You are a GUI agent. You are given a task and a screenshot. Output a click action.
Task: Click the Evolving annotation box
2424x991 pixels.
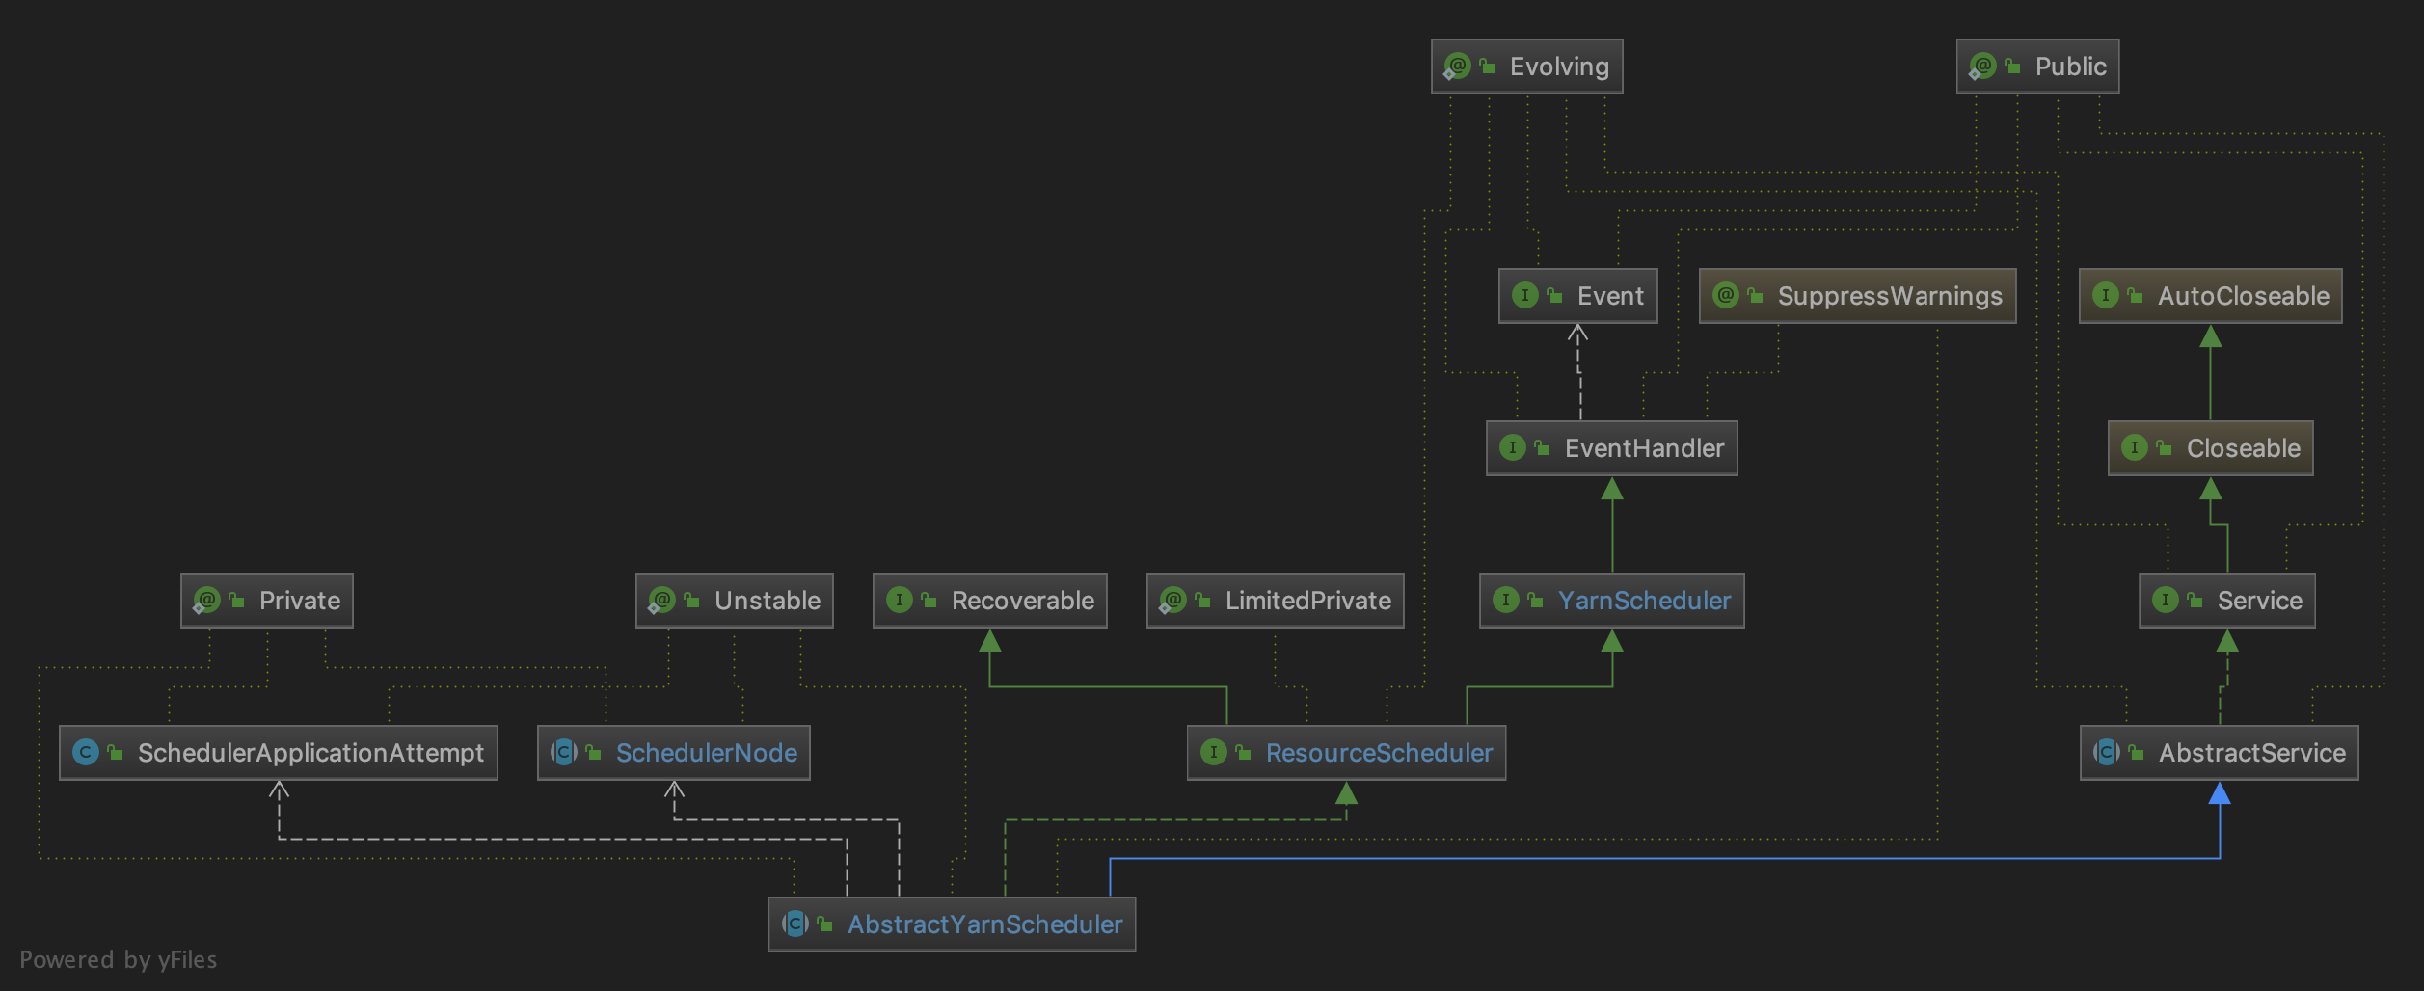(x=1526, y=67)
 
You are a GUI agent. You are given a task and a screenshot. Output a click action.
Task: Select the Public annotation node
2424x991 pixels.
(x=2037, y=67)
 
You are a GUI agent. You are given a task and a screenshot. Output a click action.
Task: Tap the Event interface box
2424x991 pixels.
(x=1577, y=296)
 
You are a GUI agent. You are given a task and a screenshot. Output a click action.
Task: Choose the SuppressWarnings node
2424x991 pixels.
(x=1857, y=296)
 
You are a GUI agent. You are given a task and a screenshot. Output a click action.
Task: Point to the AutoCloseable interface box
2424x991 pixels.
(x=2210, y=296)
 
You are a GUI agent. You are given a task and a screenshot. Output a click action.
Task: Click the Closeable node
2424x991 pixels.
(x=2210, y=448)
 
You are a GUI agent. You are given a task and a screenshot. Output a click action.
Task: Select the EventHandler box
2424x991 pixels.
(x=1611, y=448)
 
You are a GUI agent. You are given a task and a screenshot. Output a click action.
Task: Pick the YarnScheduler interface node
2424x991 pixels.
(x=1611, y=601)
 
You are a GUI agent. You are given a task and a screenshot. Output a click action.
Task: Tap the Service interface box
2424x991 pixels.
(x=2226, y=601)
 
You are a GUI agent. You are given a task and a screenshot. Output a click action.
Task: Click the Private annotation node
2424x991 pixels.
(x=267, y=601)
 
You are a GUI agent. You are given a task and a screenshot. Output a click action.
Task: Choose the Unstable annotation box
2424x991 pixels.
(x=734, y=601)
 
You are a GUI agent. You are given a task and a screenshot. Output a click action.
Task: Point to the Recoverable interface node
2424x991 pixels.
(x=989, y=601)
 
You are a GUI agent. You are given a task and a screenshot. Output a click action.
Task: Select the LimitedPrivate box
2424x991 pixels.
(x=1275, y=601)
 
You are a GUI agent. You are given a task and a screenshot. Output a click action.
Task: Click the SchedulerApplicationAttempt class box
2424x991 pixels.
(x=279, y=753)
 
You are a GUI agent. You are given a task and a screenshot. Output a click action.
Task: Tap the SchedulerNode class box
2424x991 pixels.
(x=673, y=753)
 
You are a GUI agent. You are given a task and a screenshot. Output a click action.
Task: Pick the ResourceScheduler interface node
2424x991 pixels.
(x=1346, y=753)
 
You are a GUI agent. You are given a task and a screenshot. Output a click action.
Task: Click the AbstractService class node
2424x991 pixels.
(x=2219, y=753)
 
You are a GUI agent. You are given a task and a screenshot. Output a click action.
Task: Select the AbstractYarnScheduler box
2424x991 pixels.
(x=952, y=924)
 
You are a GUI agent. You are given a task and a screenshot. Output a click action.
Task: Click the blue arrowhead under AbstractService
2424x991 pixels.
(x=2220, y=793)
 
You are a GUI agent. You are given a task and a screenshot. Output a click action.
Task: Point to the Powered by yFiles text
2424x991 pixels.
(x=119, y=960)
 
